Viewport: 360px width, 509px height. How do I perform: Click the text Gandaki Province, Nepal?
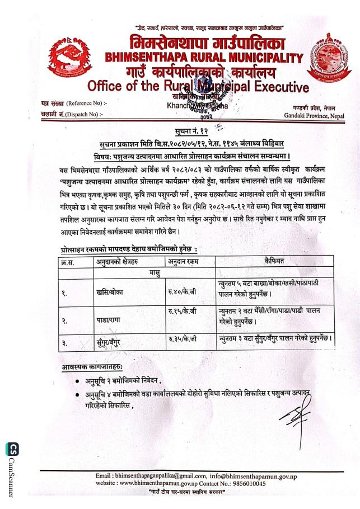pyautogui.click(x=314, y=115)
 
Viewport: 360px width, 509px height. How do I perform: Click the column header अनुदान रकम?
pyautogui.click(x=182, y=261)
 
